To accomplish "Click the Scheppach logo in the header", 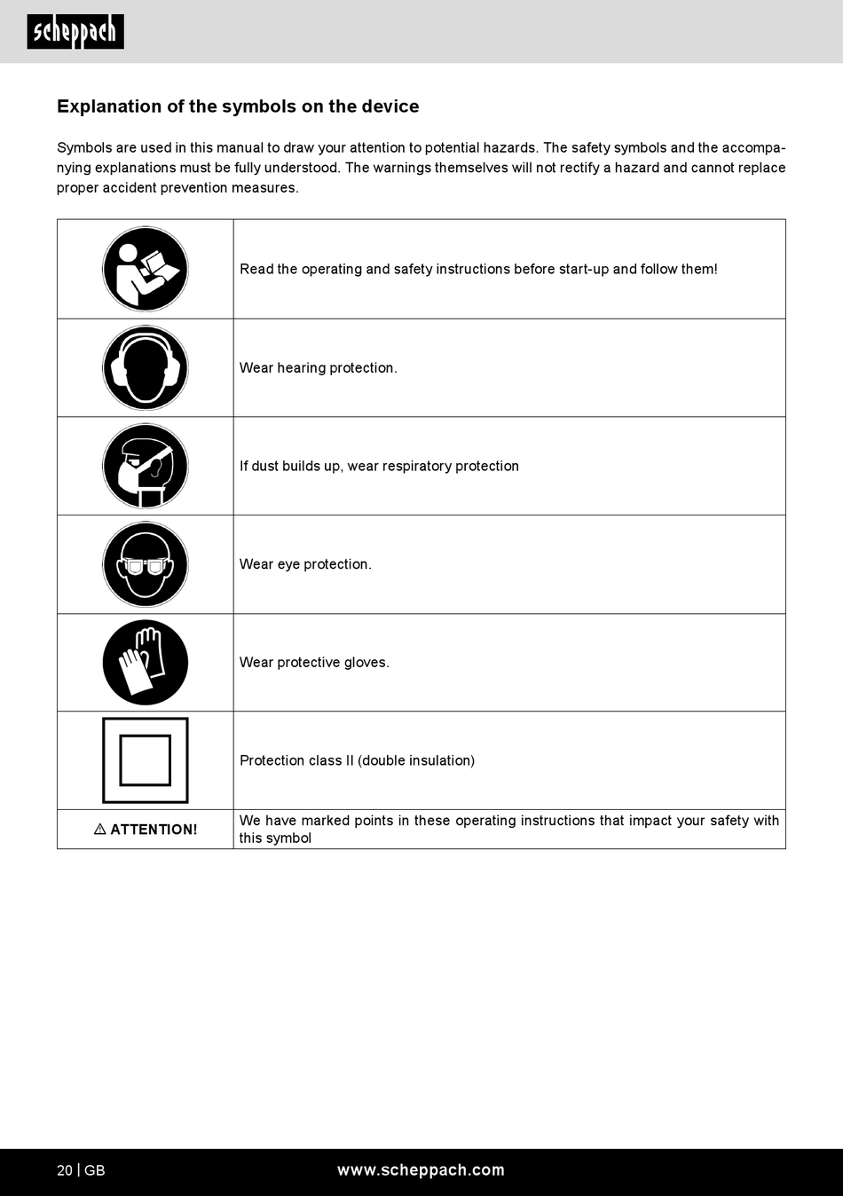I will [x=75, y=32].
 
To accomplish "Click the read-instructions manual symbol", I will [x=146, y=269].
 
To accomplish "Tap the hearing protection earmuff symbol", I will [x=146, y=367].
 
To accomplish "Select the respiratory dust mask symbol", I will [x=146, y=466].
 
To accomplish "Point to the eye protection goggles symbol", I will [x=146, y=564].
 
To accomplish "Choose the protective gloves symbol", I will [x=146, y=662].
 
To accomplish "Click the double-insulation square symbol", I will [x=146, y=760].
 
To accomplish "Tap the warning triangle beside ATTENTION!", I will [x=100, y=829].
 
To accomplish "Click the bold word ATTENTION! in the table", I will [x=154, y=830].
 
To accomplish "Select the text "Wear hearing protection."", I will [x=318, y=368].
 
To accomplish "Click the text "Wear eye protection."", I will [x=305, y=564].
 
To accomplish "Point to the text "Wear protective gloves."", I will [x=314, y=663].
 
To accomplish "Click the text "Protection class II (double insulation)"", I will [x=357, y=760].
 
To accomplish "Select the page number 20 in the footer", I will [x=65, y=1170].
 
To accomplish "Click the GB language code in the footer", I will [x=95, y=1170].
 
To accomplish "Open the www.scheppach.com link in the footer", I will [x=421, y=1170].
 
